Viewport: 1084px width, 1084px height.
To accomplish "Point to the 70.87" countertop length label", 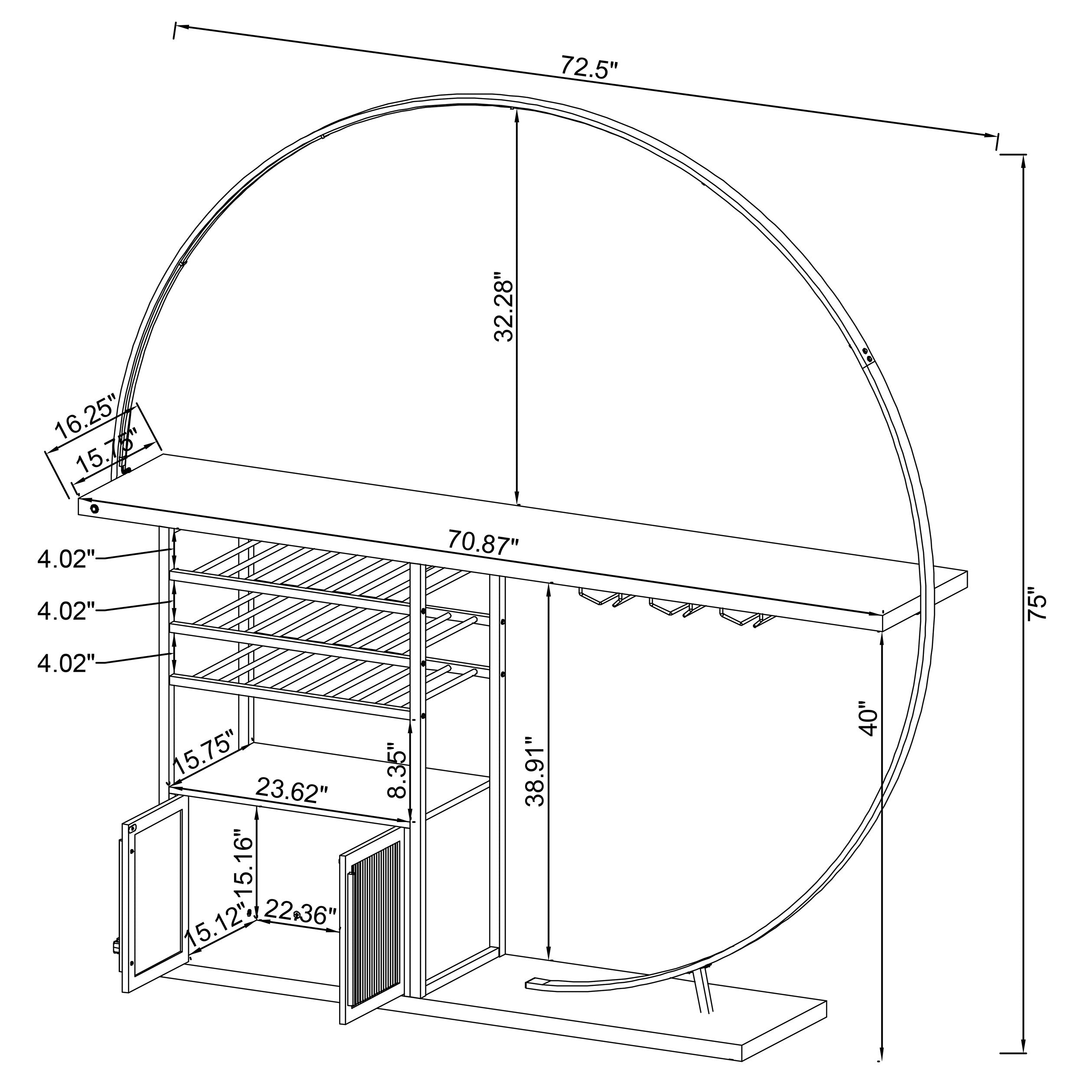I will click(483, 543).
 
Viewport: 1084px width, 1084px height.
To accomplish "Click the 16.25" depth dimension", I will click(84, 416).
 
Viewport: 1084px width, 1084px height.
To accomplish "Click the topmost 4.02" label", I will click(62, 559).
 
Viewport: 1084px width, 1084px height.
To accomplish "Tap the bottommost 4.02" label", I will click(62, 664).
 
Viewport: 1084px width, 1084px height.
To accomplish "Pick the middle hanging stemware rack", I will click(670, 607).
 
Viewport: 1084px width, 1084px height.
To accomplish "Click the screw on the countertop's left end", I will click(94, 509).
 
